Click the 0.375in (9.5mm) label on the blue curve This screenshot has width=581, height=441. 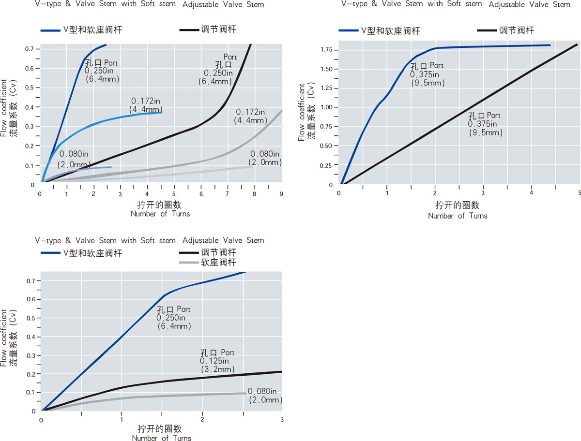pos(427,74)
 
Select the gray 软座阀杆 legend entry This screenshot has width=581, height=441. pos(208,263)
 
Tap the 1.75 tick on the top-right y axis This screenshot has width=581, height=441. pos(325,49)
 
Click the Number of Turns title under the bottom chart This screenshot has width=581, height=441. pos(161,438)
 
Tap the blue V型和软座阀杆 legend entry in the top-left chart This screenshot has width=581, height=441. pos(81,30)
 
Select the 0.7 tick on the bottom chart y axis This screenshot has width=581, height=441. pos(32,281)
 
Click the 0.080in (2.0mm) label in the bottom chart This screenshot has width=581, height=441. pos(265,396)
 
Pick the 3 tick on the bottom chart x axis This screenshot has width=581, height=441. pos(282,420)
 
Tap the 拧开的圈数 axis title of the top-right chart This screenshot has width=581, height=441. pos(458,205)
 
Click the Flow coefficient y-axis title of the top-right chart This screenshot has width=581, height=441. pos(302,112)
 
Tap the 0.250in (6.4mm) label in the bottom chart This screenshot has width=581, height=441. pos(174,318)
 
